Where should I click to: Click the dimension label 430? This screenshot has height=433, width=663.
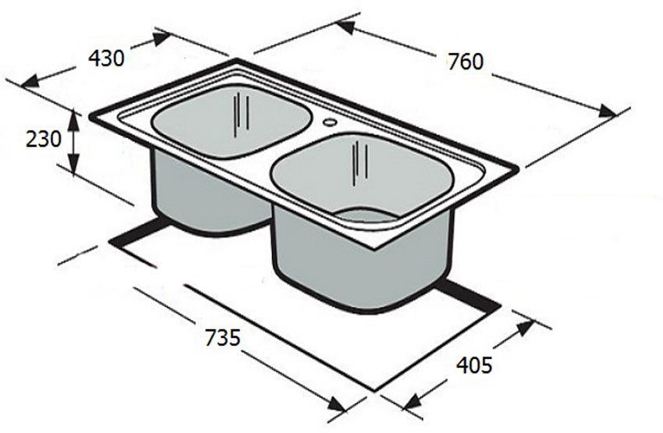pyautogui.click(x=106, y=59)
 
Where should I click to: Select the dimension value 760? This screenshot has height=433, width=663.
pyautogui.click(x=466, y=62)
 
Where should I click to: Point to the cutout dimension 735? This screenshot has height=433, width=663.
pyautogui.click(x=222, y=338)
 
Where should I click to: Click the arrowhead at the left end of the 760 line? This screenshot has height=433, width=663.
pyautogui.click(x=343, y=26)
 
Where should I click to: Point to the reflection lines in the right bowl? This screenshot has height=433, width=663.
pyautogui.click(x=359, y=160)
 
